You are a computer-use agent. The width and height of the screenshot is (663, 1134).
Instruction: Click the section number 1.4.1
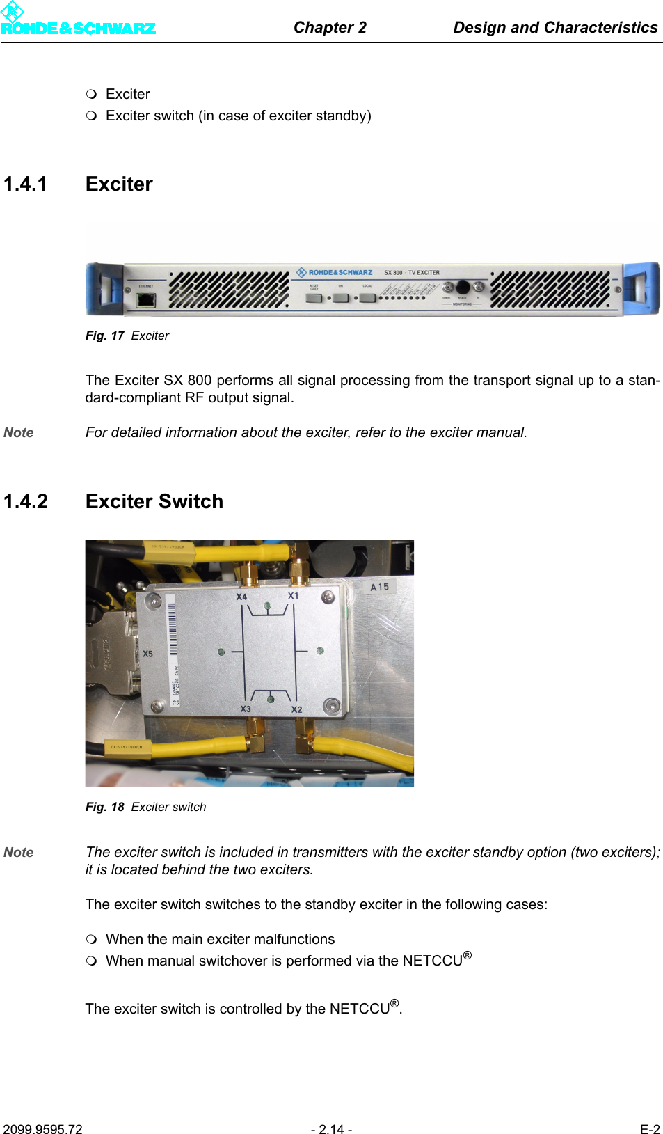tap(26, 184)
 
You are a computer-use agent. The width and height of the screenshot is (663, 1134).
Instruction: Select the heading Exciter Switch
tap(154, 502)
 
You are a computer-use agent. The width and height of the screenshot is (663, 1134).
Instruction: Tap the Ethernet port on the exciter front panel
tap(146, 300)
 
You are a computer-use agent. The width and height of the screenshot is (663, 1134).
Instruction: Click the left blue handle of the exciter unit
tap(104, 289)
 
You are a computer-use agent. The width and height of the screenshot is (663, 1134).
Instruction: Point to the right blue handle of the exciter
tap(641, 288)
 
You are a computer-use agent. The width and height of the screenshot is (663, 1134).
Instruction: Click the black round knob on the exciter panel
tap(463, 287)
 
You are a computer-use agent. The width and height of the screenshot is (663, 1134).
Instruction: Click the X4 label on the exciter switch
tap(241, 597)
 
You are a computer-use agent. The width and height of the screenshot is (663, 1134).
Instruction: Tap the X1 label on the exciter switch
tap(294, 596)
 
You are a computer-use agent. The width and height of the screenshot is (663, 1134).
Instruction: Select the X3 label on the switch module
tap(246, 709)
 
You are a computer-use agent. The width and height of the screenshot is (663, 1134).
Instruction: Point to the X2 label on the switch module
tap(297, 709)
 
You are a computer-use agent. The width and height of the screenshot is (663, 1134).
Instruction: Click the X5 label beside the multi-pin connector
tap(148, 654)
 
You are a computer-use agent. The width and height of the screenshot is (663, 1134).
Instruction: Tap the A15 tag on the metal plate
tap(380, 587)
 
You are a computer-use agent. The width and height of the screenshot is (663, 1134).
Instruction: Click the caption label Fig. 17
tap(104, 336)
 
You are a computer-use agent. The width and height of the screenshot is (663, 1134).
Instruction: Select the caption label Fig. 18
tap(104, 808)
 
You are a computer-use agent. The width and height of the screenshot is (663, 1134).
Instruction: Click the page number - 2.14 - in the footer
tap(331, 1129)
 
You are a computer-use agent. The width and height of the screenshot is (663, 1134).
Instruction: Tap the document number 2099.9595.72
tap(42, 1129)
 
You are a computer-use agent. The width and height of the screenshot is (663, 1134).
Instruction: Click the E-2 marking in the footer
tap(650, 1129)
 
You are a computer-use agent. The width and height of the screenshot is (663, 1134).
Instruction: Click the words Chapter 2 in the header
tap(330, 28)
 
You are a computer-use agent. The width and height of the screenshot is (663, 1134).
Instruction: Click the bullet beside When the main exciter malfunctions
tap(91, 939)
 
